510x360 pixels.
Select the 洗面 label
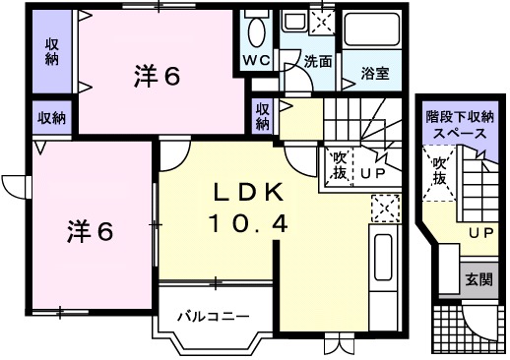point(316,61)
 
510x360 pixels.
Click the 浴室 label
point(375,72)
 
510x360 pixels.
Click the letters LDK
point(246,191)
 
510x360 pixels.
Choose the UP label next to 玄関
point(480,233)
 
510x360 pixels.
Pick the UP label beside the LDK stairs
point(371,176)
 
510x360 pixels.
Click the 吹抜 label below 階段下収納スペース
point(438,171)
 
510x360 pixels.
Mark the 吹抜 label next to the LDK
point(338,164)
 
